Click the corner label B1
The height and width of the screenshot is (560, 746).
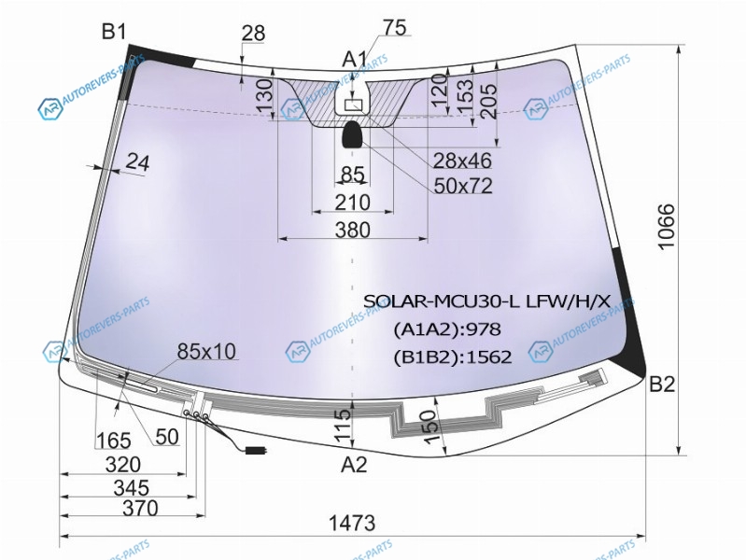point(114,32)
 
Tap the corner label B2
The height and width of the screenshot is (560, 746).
point(662,384)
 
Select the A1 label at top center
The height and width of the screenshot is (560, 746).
point(355,60)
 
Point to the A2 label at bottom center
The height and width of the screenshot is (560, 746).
point(355,465)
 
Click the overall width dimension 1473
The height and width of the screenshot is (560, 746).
point(352,523)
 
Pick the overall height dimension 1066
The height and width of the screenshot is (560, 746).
point(667,226)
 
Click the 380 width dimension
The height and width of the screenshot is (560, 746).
point(353,231)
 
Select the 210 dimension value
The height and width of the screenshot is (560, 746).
point(353,203)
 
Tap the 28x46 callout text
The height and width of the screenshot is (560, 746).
point(462,161)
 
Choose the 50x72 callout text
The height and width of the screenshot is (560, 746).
point(463,186)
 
